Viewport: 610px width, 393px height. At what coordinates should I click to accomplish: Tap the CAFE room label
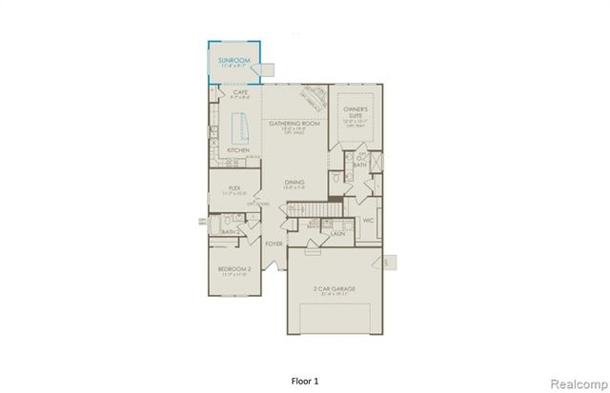(x=240, y=92)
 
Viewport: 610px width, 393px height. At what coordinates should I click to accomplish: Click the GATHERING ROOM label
(x=292, y=124)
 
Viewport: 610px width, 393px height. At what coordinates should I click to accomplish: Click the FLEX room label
(x=233, y=187)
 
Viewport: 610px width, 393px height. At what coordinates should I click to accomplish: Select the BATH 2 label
(x=229, y=231)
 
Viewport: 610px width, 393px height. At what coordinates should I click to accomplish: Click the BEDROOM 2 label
(x=234, y=269)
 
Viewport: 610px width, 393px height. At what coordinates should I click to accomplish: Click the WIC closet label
(x=368, y=221)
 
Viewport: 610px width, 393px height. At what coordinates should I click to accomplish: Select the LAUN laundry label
(x=336, y=232)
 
